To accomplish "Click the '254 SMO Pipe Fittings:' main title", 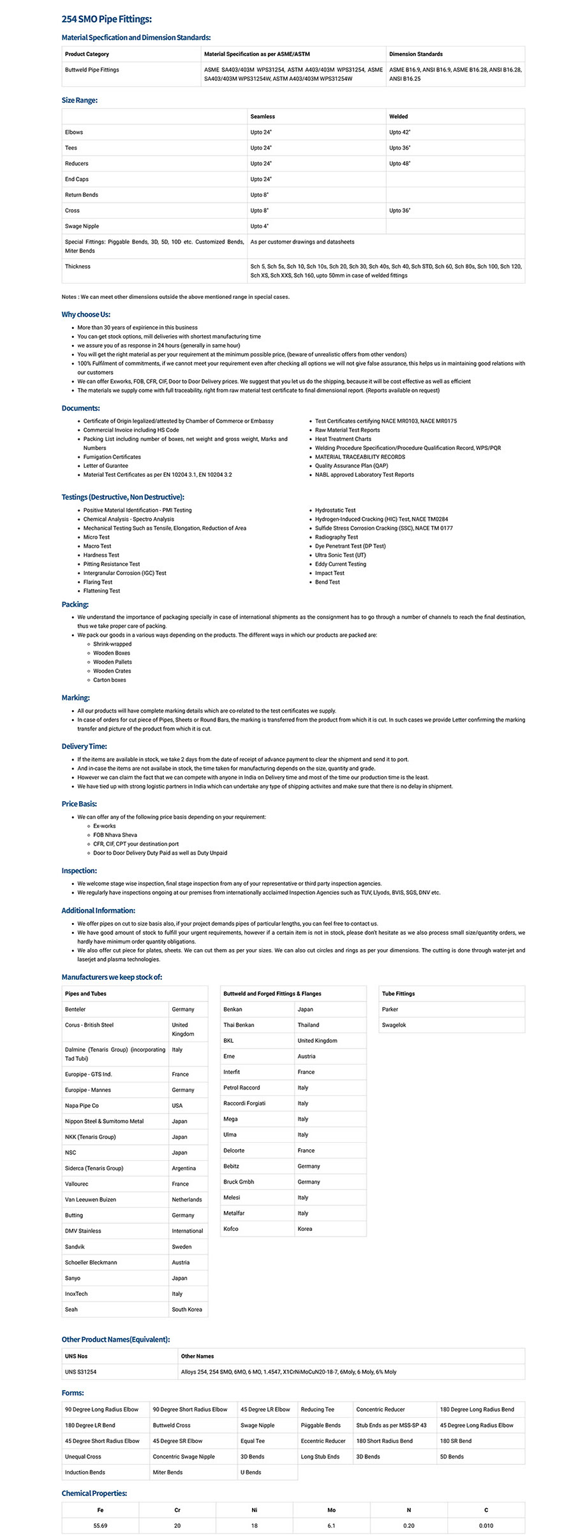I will (107, 20).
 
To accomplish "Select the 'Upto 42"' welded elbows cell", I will (400, 133).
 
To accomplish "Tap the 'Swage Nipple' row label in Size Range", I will (82, 226).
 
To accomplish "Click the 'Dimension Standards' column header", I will (416, 54).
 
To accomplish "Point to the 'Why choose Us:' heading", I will (85, 314).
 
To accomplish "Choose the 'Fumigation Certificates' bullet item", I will (112, 457).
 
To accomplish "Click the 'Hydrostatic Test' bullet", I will (336, 511).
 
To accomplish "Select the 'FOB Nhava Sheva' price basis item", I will (115, 835).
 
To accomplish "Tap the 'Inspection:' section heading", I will (79, 871).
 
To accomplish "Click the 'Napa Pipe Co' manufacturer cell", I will (82, 1106).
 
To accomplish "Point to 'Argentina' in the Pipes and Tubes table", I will (184, 1168).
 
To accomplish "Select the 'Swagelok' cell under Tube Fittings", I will (394, 1025).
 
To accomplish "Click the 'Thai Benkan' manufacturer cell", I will (239, 1025).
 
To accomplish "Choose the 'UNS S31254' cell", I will (80, 1372).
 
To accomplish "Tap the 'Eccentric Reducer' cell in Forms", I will (323, 1441).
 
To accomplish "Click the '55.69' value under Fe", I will (100, 1525).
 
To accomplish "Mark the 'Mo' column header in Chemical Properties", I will (331, 1510).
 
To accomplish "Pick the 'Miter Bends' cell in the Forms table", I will (168, 1472).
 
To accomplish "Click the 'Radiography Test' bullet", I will (336, 537).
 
